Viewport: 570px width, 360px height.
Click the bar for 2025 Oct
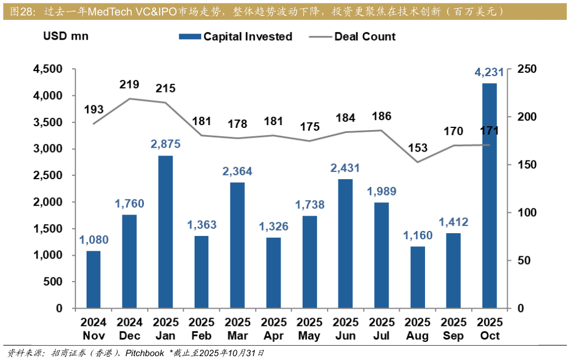pos(490,196)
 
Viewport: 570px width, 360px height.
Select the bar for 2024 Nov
pos(94,280)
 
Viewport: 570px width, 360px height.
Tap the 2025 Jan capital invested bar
pos(165,232)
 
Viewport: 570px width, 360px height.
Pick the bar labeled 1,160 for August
pos(418,277)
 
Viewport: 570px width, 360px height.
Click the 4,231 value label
pos(490,72)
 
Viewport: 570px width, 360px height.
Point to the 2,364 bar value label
pos(238,171)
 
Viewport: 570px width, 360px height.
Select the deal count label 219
pos(130,84)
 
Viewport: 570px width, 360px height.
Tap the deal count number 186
pos(381,116)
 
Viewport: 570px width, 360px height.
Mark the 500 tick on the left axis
pos(53,282)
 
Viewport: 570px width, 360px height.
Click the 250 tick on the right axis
pos(527,69)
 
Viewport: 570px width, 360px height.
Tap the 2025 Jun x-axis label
pos(346,329)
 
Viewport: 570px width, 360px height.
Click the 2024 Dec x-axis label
pos(130,329)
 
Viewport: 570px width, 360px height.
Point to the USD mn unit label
pos(66,37)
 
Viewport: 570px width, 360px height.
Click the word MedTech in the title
pos(111,11)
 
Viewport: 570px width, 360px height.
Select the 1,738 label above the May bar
pos(310,205)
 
